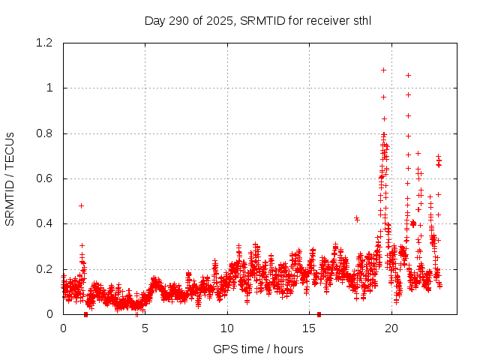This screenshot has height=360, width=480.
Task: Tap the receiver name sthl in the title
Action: tap(360, 20)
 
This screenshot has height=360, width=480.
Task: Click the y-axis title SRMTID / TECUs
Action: tap(10, 178)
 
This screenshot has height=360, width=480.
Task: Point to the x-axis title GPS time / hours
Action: tap(258, 349)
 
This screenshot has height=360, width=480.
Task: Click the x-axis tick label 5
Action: tap(145, 328)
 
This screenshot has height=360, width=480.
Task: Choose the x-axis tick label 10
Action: tap(227, 328)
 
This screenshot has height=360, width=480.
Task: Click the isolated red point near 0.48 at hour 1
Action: tap(81, 205)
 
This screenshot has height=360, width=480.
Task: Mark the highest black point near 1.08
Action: tap(383, 70)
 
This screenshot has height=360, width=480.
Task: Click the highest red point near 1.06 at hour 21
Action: tap(408, 75)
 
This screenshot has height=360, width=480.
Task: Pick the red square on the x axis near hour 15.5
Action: tap(319, 314)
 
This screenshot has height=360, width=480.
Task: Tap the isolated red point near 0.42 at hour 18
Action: tap(357, 219)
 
